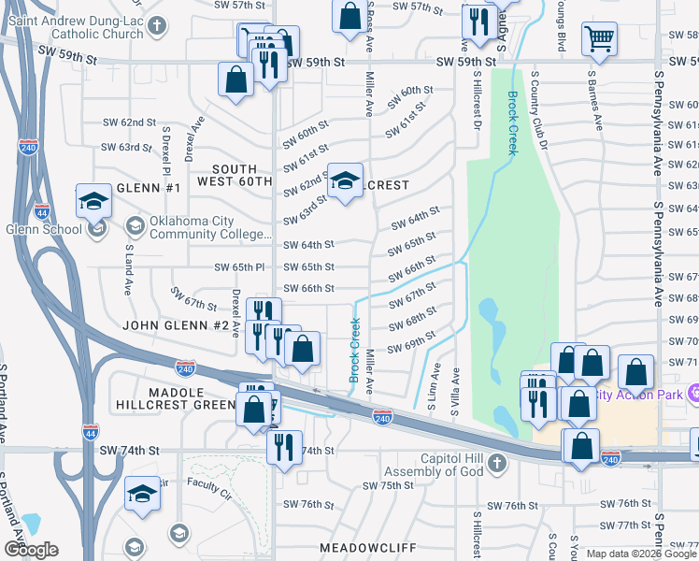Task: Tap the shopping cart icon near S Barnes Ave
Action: click(x=598, y=39)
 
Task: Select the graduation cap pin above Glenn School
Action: click(x=93, y=200)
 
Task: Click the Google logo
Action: click(x=31, y=550)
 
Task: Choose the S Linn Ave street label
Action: click(x=432, y=392)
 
